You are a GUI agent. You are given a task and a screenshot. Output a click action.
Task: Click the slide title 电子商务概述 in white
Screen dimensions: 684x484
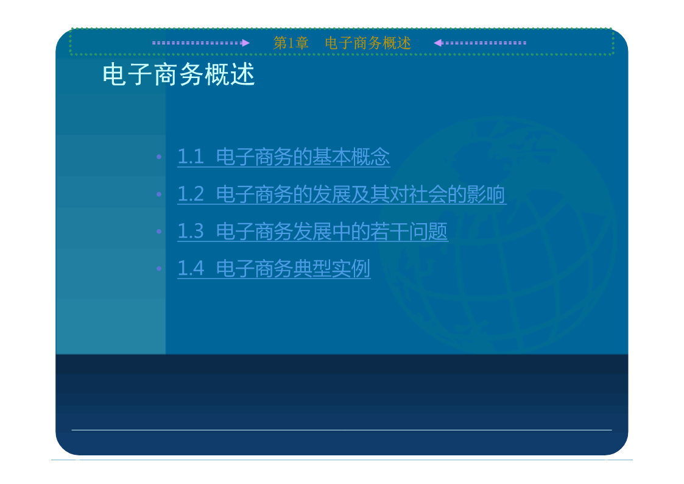tap(178, 74)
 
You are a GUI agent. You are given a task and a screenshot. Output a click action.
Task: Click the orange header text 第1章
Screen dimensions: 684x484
tap(291, 43)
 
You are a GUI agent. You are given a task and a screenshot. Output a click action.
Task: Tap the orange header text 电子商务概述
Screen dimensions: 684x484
tap(368, 43)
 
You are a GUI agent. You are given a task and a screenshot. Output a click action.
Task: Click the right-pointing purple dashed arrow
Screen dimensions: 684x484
tap(200, 43)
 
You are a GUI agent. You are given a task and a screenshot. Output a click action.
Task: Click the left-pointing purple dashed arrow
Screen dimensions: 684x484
tap(480, 43)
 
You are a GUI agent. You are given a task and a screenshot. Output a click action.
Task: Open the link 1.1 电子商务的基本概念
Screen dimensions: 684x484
tap(284, 157)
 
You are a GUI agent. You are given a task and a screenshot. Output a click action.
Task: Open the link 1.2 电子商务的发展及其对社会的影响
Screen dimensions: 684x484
tap(342, 194)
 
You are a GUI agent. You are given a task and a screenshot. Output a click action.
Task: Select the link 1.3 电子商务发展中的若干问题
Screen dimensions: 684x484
tap(312, 231)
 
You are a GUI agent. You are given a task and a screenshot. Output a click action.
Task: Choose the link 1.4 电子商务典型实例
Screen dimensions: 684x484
tap(274, 268)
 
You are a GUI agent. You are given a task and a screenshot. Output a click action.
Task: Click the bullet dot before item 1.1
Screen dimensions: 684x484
tap(159, 157)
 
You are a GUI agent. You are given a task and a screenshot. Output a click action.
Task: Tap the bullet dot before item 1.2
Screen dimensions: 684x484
tap(159, 194)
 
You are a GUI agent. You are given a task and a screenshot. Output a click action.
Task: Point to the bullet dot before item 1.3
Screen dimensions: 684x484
tap(159, 231)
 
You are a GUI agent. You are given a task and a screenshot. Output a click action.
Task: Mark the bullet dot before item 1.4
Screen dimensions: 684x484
tap(159, 268)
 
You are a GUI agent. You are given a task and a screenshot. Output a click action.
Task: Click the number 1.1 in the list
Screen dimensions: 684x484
tap(191, 157)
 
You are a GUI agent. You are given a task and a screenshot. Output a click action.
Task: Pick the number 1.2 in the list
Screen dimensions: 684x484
tap(191, 194)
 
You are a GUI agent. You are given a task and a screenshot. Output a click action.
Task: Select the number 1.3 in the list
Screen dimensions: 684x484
tap(191, 231)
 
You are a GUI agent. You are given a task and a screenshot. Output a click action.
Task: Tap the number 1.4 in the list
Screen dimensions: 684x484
tap(191, 268)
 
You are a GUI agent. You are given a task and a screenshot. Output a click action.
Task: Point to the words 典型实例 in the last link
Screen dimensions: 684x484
tap(331, 268)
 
